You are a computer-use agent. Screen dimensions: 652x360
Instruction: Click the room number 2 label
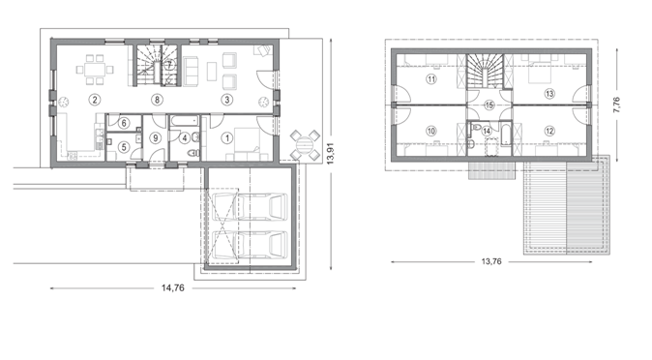(x=95, y=100)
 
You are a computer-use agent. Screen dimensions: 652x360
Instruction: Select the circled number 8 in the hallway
(x=157, y=100)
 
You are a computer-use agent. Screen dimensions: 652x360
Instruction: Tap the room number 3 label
(x=227, y=100)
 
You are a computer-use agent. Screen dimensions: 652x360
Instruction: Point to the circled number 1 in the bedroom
(x=227, y=137)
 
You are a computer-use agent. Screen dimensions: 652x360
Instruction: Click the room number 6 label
(x=124, y=123)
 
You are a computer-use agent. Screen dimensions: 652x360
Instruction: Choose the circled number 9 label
(x=156, y=137)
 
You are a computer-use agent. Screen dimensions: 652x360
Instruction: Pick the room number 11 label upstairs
(x=431, y=79)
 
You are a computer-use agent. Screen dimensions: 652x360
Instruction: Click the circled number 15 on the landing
(x=489, y=105)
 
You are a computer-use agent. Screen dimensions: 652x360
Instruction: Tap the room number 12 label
(x=549, y=131)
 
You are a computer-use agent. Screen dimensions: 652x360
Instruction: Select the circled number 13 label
(x=549, y=94)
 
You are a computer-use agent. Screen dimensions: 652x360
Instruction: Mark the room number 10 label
(x=431, y=131)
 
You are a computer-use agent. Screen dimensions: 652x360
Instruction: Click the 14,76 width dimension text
(x=173, y=287)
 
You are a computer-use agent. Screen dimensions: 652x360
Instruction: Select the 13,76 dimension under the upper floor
(x=491, y=261)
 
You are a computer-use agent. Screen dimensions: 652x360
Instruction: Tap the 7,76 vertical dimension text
(x=616, y=105)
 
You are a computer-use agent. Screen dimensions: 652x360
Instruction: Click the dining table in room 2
(x=95, y=69)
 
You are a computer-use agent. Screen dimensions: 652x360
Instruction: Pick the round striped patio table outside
(x=305, y=146)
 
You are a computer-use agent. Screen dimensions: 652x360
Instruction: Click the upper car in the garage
(x=250, y=206)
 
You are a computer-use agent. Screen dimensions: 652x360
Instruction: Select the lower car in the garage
(x=250, y=245)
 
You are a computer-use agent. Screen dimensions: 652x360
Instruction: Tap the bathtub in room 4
(x=184, y=121)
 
